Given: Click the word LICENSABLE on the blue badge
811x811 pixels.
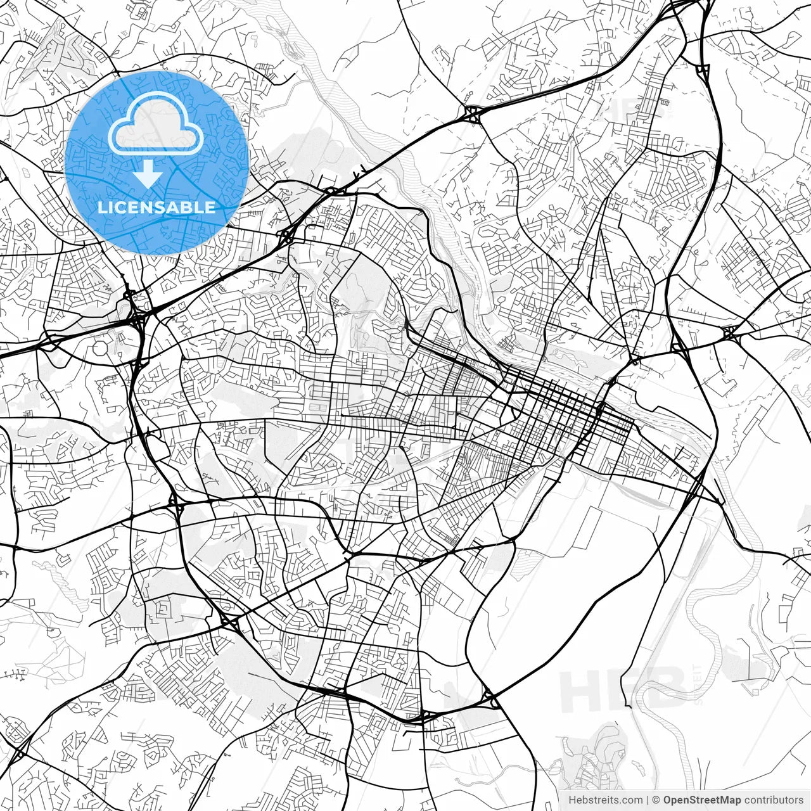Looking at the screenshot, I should [x=156, y=207].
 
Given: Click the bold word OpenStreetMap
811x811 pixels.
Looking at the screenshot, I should [x=701, y=800].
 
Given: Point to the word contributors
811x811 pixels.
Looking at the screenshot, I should [x=774, y=800].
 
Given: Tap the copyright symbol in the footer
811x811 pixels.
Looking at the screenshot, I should [x=656, y=800].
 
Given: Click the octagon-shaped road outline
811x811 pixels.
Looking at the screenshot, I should [x=101, y=348].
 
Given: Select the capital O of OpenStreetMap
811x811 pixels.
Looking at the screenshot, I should [x=667, y=800].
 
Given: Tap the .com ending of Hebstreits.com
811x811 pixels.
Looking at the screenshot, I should [x=630, y=800].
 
